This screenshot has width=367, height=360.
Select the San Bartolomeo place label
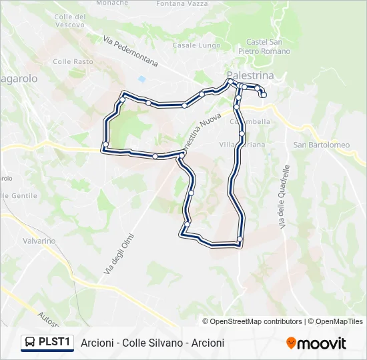click(x=322, y=145)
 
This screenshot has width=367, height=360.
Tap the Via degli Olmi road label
click(x=119, y=254)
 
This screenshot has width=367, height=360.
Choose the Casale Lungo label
click(x=192, y=45)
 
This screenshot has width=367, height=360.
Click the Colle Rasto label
click(x=73, y=61)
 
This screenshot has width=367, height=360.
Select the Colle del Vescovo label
click(x=69, y=20)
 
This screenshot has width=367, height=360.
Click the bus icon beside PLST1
click(x=30, y=343)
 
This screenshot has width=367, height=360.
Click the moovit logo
click(x=316, y=343)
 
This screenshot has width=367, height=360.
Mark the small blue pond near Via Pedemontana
click(x=141, y=79)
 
